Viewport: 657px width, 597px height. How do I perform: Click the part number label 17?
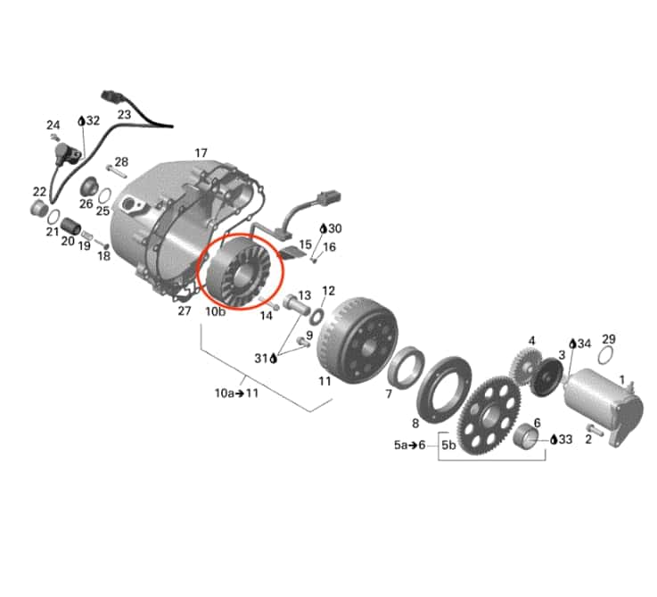pyautogui.click(x=201, y=153)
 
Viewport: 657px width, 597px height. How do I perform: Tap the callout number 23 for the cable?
pyautogui.click(x=123, y=114)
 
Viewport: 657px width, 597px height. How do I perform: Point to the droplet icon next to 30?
pyautogui.click(x=323, y=228)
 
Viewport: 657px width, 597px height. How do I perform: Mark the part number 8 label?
pyautogui.click(x=415, y=423)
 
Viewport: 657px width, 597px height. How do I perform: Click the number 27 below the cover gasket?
pyautogui.click(x=185, y=311)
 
